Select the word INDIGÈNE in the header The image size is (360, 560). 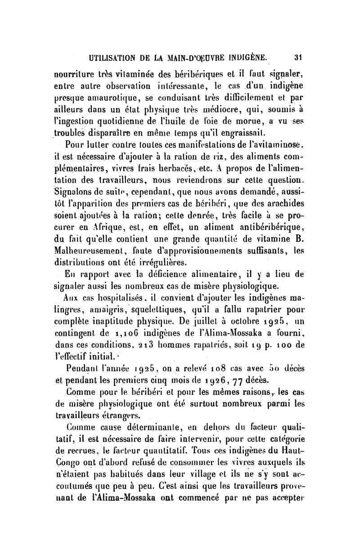click(x=245, y=57)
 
